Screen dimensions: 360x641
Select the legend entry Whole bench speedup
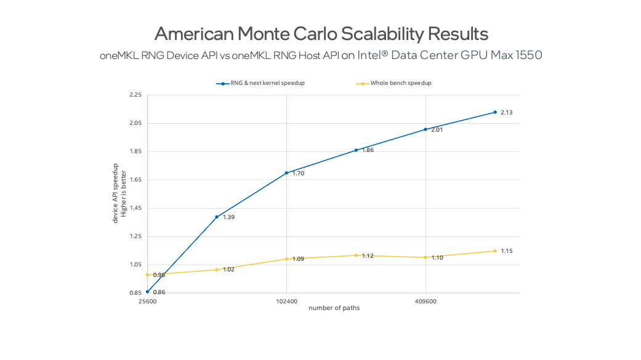coord(400,83)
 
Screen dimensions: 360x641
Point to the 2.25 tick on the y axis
coord(135,95)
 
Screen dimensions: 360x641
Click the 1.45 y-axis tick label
coord(135,209)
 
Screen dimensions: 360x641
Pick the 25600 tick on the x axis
coord(147,302)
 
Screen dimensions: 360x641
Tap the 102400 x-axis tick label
coord(286,302)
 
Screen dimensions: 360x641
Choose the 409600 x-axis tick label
coord(426,302)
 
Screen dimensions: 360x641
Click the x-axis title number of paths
coord(334,308)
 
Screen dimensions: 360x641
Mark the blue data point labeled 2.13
coord(494,112)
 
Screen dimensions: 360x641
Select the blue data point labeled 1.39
coord(217,217)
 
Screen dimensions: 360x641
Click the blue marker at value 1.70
coord(286,173)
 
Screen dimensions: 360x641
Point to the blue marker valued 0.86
coord(147,292)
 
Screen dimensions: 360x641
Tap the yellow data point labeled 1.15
coord(494,250)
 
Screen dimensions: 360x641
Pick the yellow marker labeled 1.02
coord(217,270)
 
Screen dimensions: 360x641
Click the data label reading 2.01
coord(437,130)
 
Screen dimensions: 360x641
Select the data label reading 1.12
coord(368,255)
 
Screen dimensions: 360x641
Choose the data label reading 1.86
coord(368,150)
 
